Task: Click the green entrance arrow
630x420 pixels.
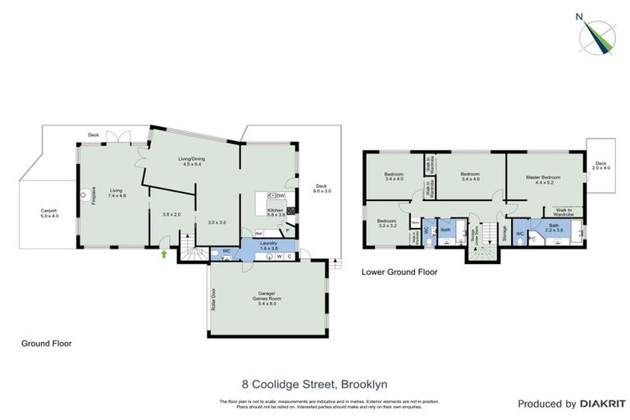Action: pos(164,255)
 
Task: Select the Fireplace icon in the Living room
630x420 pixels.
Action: pos(84,195)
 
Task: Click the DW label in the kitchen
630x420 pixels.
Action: pos(281,195)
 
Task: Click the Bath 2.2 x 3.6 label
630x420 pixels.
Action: pos(554,228)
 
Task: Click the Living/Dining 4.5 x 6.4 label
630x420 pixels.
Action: pos(195,162)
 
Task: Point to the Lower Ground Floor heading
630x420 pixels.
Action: pos(399,272)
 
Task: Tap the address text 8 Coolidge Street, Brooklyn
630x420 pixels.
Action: pos(314,383)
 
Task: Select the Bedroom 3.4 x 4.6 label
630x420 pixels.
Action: pos(469,177)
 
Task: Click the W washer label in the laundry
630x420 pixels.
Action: pos(279,257)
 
